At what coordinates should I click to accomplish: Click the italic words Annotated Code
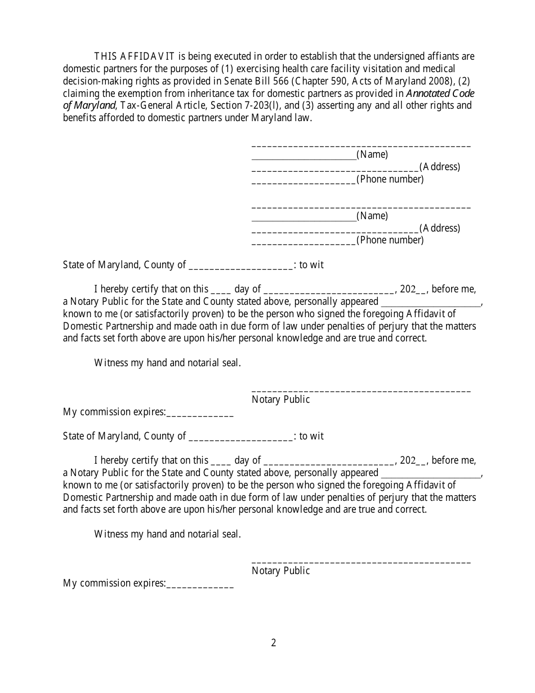click(x=440, y=94)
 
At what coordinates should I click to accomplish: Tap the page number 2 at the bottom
click(x=274, y=643)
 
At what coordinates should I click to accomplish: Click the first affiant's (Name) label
click(x=372, y=154)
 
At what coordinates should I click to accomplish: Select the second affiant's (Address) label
click(x=439, y=228)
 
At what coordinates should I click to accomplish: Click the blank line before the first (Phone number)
click(x=303, y=180)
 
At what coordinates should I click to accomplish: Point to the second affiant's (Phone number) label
click(x=390, y=241)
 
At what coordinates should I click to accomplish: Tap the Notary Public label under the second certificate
click(x=281, y=571)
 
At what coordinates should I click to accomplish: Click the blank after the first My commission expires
click(x=200, y=413)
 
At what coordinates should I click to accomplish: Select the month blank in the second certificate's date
click(x=329, y=461)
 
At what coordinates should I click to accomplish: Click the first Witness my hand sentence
click(x=168, y=363)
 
